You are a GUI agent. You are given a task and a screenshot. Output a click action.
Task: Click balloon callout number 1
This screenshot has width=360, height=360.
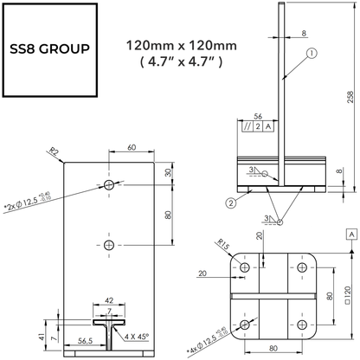click(310, 53)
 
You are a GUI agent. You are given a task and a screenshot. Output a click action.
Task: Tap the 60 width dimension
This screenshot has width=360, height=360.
click(132, 147)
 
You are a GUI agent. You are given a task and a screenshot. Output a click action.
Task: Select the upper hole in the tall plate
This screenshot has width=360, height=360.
click(109, 185)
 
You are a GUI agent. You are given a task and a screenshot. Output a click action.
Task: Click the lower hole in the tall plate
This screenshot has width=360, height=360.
click(109, 246)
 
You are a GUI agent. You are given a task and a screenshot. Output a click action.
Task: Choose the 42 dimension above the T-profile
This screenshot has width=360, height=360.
click(109, 300)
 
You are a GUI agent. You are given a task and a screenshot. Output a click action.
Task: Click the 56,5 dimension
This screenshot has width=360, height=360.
click(85, 342)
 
